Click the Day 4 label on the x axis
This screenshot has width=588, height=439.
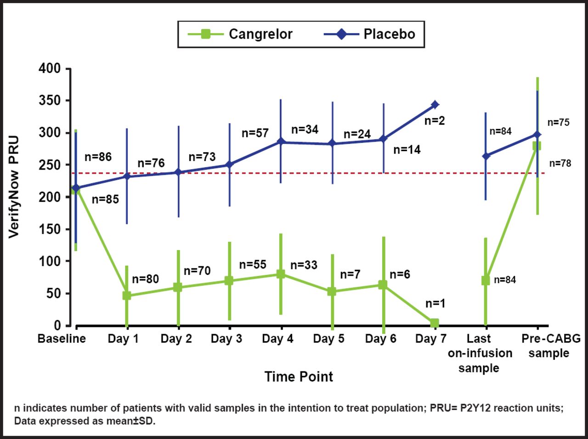click(x=277, y=339)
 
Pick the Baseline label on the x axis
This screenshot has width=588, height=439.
click(x=62, y=339)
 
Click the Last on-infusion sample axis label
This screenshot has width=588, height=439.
click(x=479, y=353)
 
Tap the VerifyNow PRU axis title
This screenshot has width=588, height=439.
click(x=14, y=186)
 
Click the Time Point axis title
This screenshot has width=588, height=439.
click(x=299, y=377)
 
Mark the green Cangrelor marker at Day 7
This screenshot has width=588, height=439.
click(x=435, y=323)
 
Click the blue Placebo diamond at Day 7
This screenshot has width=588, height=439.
click(x=435, y=105)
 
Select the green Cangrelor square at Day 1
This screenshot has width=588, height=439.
click(x=127, y=296)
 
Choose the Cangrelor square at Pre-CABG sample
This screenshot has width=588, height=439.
click(x=537, y=146)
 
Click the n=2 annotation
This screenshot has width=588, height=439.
click(x=435, y=121)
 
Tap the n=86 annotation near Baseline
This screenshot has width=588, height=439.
click(x=98, y=157)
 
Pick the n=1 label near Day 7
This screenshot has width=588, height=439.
click(x=435, y=303)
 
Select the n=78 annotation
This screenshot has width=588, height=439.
click(x=560, y=163)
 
